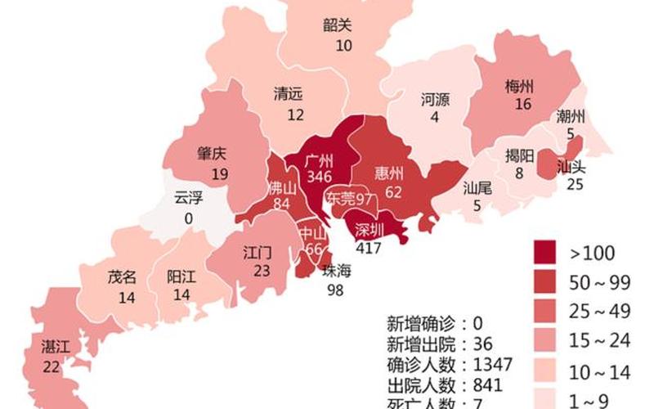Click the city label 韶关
[338, 25]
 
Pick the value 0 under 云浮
[189, 218]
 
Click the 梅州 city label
[520, 87]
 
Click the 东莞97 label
[350, 199]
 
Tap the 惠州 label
[389, 173]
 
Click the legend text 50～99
[601, 282]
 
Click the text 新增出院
[419, 343]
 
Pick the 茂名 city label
[122, 276]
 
